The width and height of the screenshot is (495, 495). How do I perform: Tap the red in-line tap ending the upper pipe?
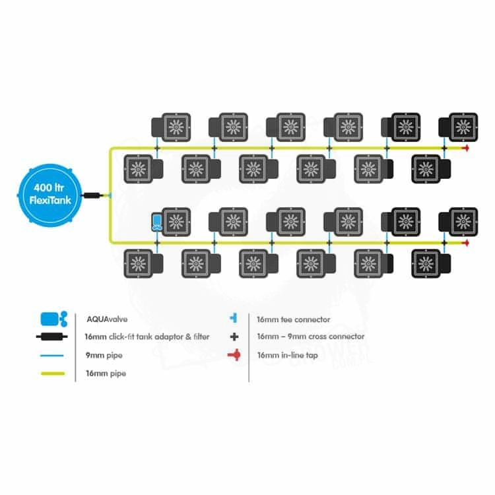(x=466, y=148)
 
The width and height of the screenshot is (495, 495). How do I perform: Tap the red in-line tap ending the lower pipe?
(x=466, y=243)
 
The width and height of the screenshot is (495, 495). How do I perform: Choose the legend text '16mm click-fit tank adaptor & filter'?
(x=147, y=337)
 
